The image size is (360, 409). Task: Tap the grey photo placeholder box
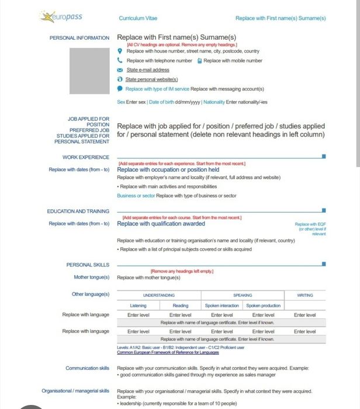coord(89,72)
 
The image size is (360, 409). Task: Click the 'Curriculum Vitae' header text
coord(138,18)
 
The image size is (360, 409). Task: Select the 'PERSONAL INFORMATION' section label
coord(79,37)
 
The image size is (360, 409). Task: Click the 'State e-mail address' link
coord(148,70)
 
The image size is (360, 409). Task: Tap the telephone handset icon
coord(120,60)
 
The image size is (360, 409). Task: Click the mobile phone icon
coord(199,60)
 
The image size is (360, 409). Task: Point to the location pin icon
coord(120,51)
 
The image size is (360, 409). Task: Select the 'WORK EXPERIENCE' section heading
coord(86,157)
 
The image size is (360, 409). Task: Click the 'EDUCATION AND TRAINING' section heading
coord(78,211)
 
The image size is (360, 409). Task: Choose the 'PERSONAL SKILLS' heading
coord(88,265)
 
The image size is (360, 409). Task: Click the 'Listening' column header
coord(138,306)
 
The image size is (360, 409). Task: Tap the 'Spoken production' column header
coord(264,306)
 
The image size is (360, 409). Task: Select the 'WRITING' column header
coord(305,295)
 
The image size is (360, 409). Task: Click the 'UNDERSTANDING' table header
coord(159,295)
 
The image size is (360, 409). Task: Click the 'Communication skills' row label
coord(88,368)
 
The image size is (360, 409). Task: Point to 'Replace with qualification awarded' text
coord(161,223)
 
